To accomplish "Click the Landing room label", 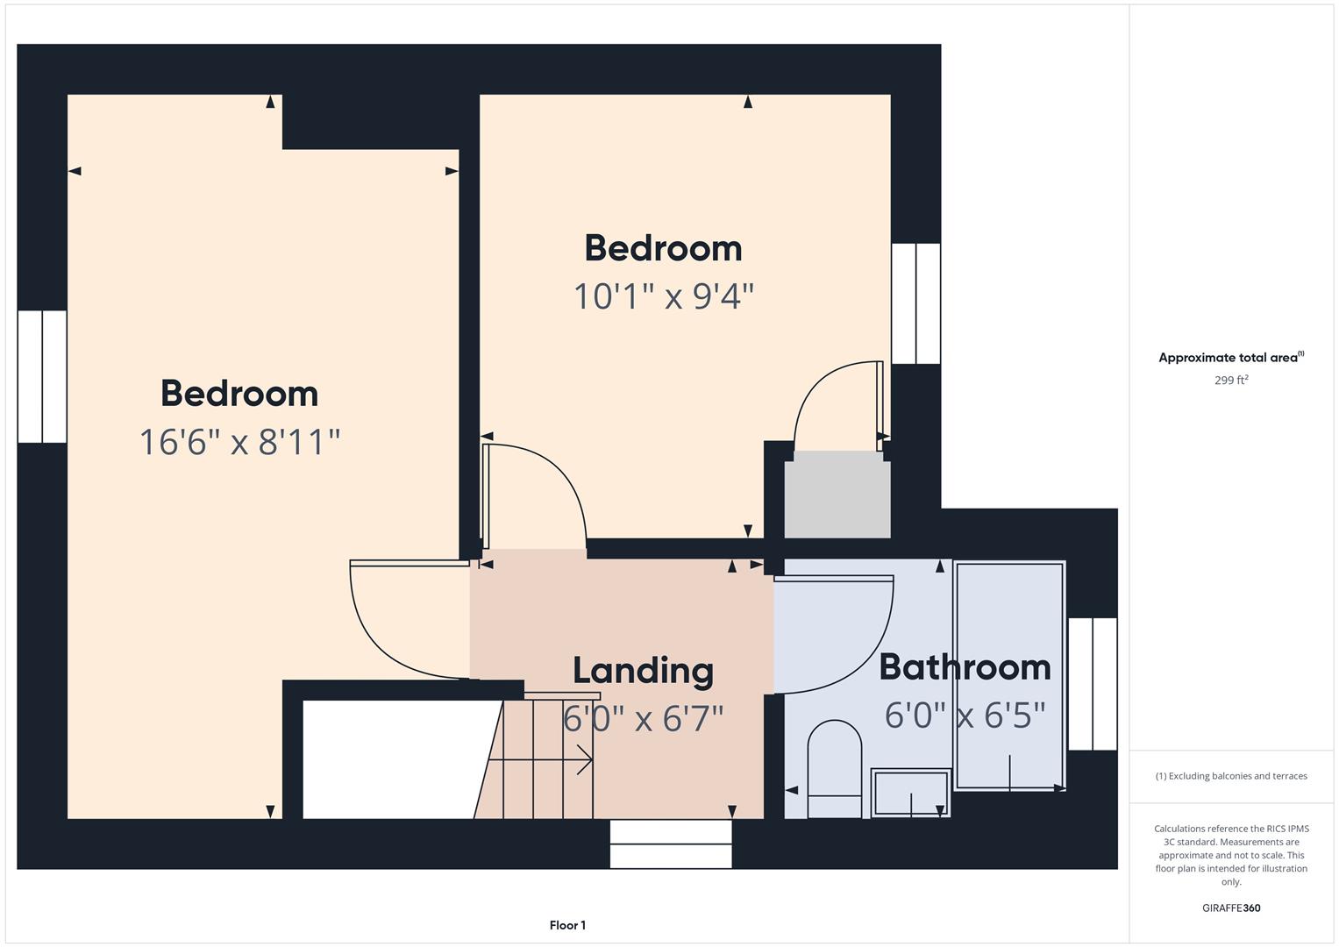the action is (644, 672).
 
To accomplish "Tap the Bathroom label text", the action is (965, 667).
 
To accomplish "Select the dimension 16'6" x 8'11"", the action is (239, 443).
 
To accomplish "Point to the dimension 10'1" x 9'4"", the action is (664, 296).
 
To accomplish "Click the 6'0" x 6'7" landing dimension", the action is (644, 719).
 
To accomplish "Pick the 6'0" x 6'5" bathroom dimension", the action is (965, 715).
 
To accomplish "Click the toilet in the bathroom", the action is (835, 769).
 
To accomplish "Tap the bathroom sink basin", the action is (910, 793).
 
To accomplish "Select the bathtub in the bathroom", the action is (1009, 675).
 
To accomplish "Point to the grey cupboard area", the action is (837, 495).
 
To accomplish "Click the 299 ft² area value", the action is (1231, 381).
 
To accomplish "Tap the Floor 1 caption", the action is (567, 925).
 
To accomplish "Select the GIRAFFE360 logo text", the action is (1231, 908).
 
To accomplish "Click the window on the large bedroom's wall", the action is (42, 377).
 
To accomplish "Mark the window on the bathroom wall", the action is (1093, 684).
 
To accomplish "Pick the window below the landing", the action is (671, 844).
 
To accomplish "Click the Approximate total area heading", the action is (1231, 358).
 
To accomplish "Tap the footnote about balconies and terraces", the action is (1231, 776).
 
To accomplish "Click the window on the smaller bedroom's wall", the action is (915, 303).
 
